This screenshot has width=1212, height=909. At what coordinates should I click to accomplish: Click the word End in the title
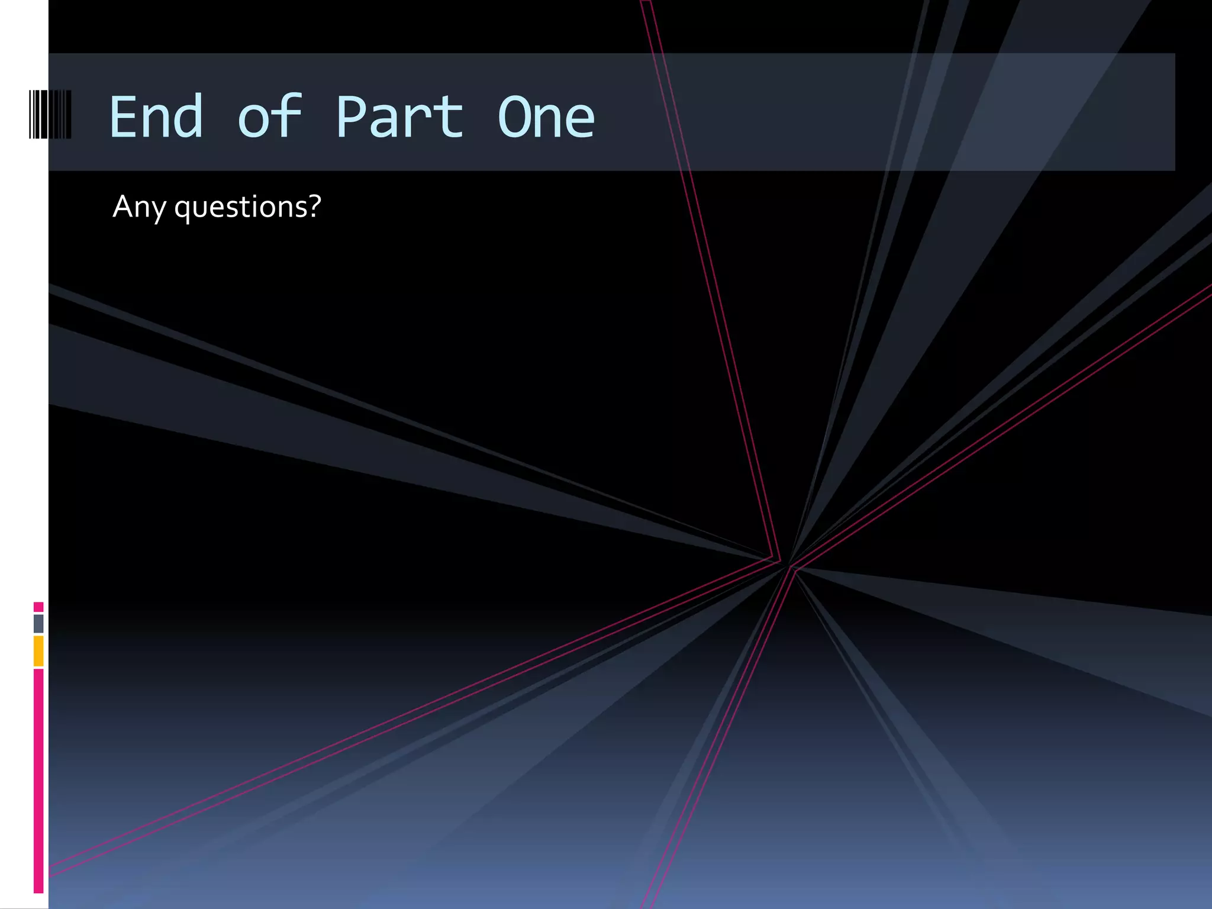tap(156, 117)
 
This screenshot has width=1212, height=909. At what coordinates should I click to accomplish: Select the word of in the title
tap(270, 117)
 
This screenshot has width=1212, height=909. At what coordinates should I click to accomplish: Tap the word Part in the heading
tap(399, 117)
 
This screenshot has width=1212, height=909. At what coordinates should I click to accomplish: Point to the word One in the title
tap(546, 117)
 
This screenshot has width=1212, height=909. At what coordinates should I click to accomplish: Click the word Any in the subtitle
tap(139, 207)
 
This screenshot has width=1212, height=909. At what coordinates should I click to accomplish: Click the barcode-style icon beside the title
tap(50, 114)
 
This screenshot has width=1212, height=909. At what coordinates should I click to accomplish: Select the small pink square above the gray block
tap(38, 607)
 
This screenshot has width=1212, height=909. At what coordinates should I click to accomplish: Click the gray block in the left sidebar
tap(38, 623)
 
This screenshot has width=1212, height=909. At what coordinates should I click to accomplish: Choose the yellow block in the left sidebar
tap(38, 650)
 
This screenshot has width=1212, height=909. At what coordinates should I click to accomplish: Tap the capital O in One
tap(512, 117)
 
